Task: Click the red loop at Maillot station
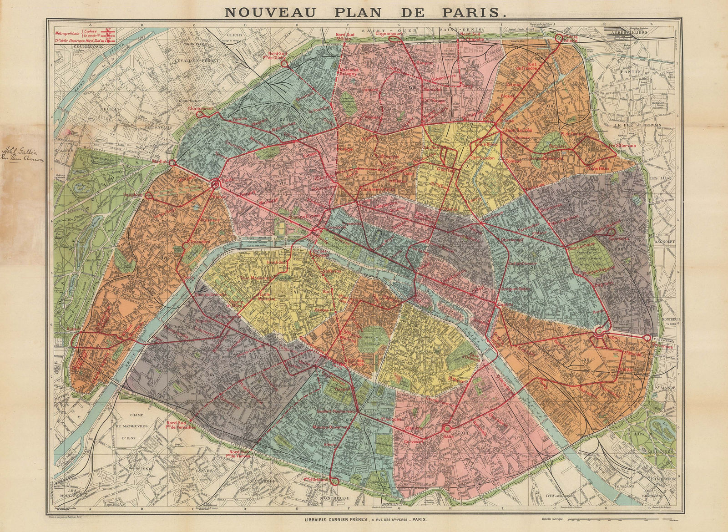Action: pos(172,162)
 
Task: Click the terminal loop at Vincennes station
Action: pos(646,338)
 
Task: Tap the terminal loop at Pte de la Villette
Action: pos(558,39)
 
